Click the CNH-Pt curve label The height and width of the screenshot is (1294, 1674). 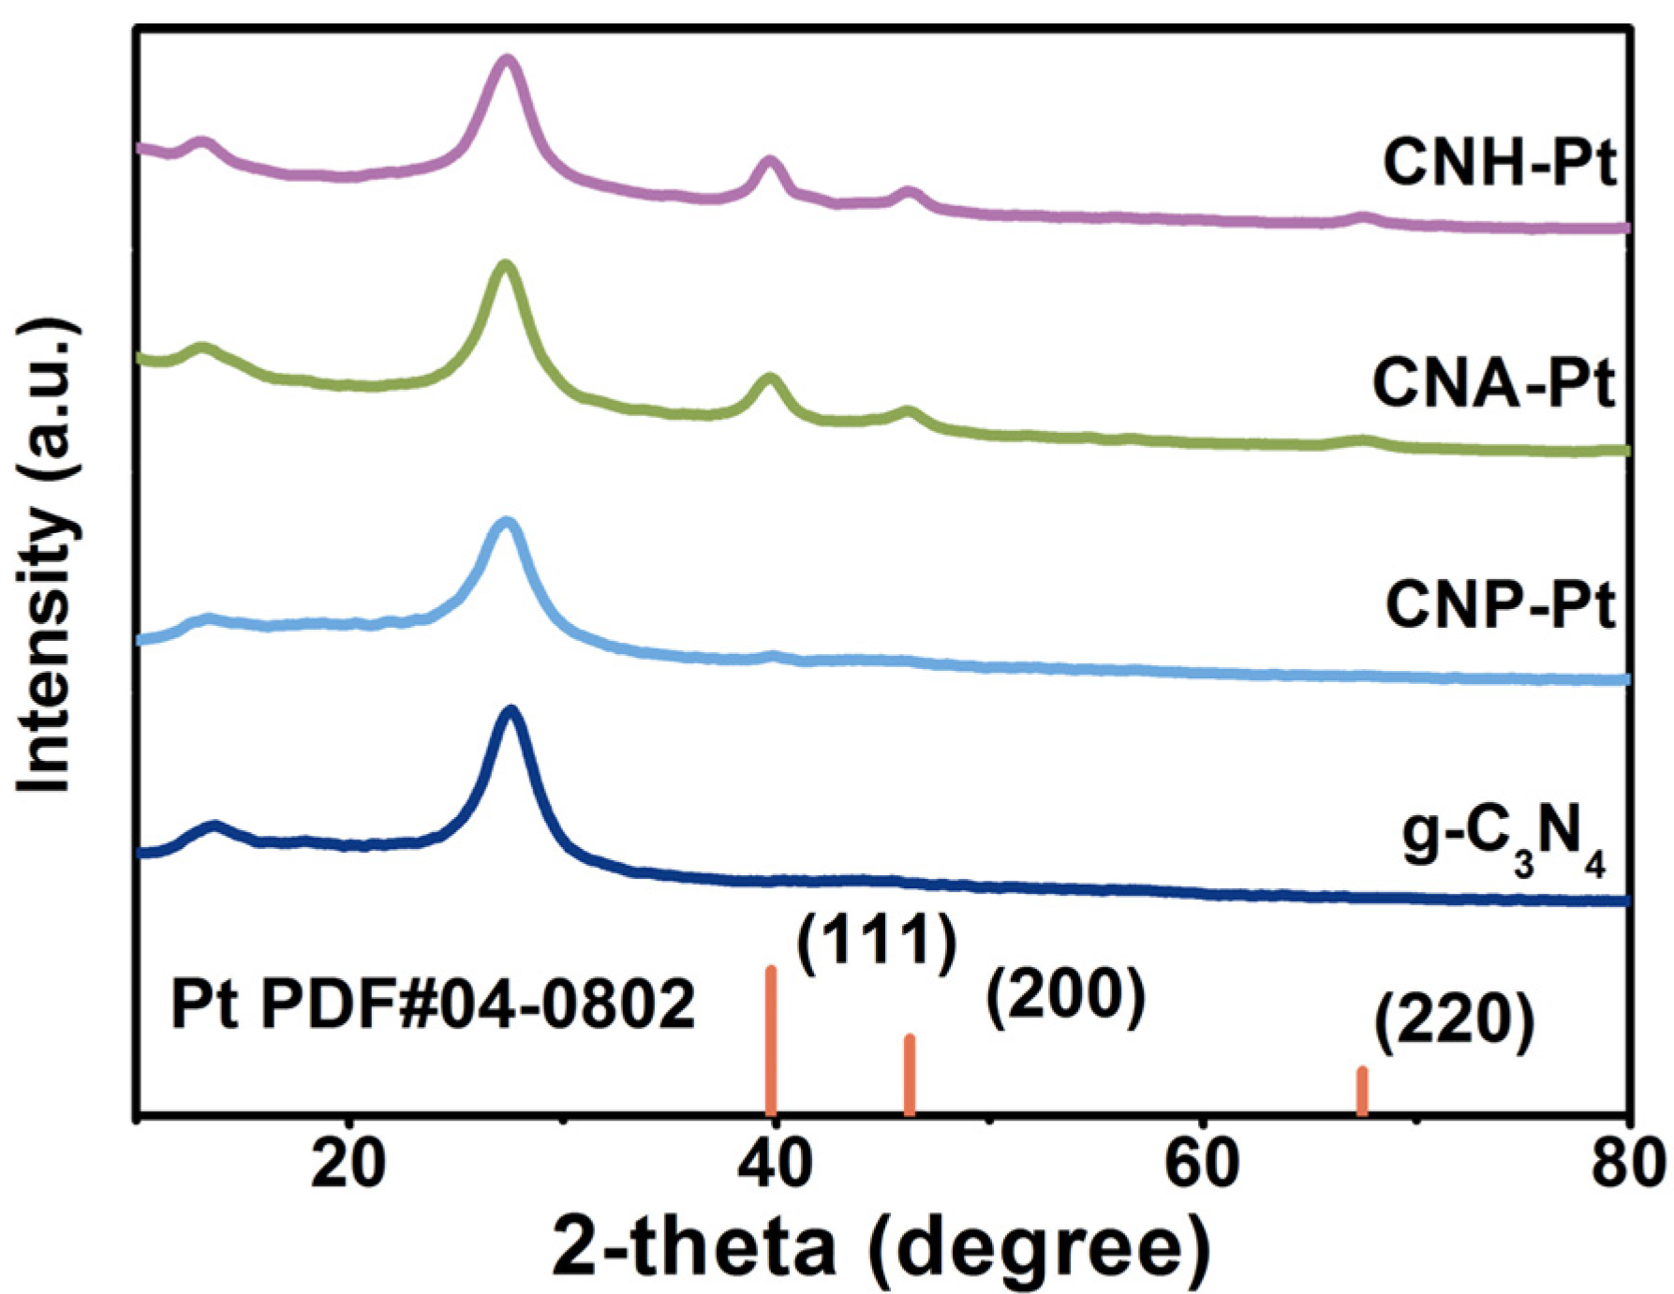(1499, 162)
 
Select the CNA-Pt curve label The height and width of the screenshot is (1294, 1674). (1493, 383)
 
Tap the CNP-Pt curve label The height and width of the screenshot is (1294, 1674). (1499, 605)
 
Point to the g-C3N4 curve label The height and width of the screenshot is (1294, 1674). (1503, 840)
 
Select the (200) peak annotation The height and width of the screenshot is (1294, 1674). (1065, 995)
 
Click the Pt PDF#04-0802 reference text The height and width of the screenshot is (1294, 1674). (433, 1004)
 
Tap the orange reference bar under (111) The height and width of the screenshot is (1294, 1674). (771, 1040)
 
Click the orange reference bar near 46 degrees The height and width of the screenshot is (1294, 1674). (909, 1076)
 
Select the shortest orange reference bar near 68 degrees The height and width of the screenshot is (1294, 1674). (1362, 1092)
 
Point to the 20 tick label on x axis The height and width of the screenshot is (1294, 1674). (348, 1165)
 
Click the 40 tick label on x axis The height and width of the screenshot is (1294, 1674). (774, 1165)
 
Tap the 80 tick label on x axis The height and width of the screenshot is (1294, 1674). (1628, 1165)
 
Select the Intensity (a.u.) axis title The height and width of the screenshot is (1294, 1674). (47, 557)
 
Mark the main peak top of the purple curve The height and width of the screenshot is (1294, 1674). (508, 61)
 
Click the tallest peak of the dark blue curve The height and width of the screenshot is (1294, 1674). (511, 712)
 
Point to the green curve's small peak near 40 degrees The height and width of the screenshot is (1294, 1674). (770, 379)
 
